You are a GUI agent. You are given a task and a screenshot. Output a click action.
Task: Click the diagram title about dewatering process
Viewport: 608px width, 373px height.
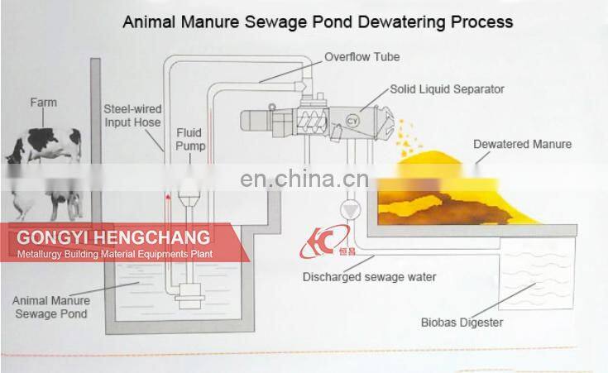[x=318, y=21]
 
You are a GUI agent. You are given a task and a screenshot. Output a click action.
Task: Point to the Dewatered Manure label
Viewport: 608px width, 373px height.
[x=522, y=144]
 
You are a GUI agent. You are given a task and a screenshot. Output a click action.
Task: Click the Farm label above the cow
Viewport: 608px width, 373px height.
[x=44, y=103]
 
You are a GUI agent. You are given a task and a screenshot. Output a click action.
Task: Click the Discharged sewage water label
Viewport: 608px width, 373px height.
[x=369, y=277]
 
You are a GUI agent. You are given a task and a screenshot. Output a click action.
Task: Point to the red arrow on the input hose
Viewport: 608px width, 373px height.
[x=168, y=199]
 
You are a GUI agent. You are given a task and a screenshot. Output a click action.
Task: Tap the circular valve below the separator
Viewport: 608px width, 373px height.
[x=351, y=209]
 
